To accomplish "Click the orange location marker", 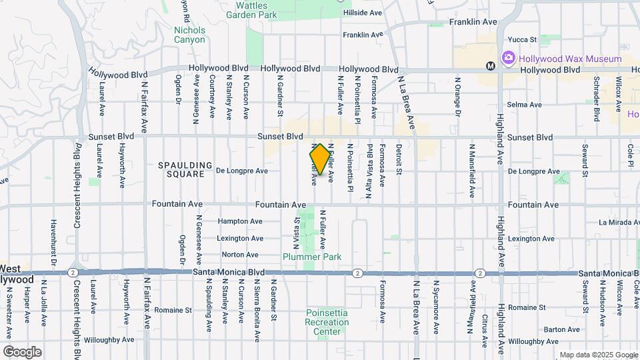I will [x=320, y=159].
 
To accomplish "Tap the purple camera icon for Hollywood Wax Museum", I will [x=508, y=59].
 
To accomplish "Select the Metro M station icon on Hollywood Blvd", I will [x=490, y=66].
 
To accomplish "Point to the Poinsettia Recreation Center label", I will [x=327, y=322].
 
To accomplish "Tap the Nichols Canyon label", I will [x=189, y=35].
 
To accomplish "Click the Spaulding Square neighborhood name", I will [x=185, y=169].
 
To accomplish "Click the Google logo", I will [x=22, y=352].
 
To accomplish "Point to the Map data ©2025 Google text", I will [x=598, y=355].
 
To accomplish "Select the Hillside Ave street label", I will [x=362, y=13].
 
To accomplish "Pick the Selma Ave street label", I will [x=523, y=105].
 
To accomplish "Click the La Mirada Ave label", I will [x=619, y=222].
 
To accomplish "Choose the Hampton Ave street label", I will [x=240, y=221].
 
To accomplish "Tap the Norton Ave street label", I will [x=240, y=255].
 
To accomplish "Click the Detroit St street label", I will [x=399, y=159].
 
